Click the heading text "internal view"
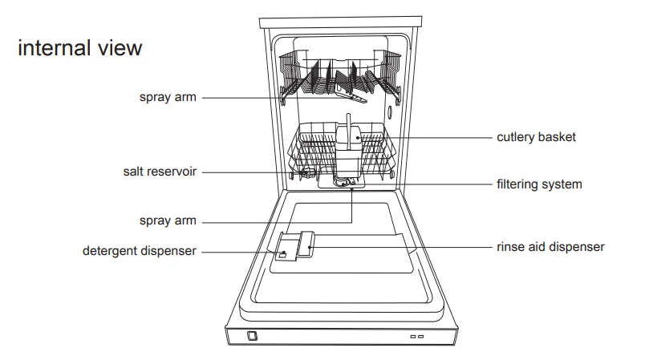point(79,48)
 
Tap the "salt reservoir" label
point(160,172)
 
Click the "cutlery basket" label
point(535,138)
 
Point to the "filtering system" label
point(538,184)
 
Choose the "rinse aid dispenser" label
point(550,247)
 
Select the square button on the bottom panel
point(253,336)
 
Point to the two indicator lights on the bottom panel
point(416,337)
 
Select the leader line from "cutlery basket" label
point(441,138)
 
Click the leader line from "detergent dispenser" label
point(237,251)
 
